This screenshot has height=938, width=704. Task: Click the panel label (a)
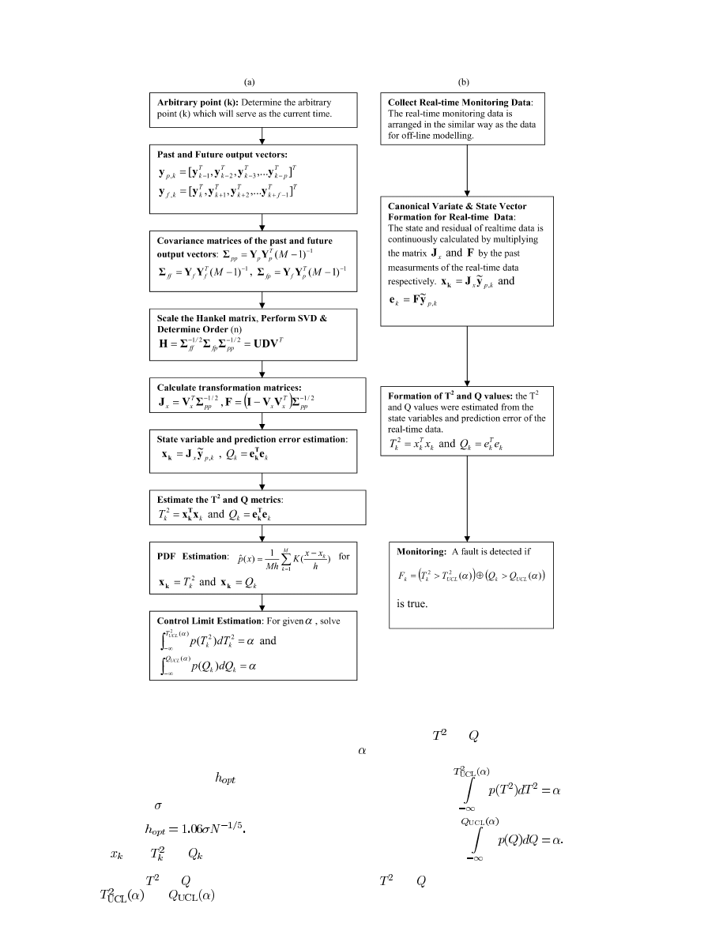click(x=250, y=82)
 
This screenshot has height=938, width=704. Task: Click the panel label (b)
click(x=464, y=82)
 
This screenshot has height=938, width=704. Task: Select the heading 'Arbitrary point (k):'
click(x=195, y=103)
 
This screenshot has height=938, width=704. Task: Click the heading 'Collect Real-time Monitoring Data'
click(x=460, y=103)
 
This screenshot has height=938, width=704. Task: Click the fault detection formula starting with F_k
click(x=471, y=576)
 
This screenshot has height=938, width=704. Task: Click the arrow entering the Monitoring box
click(x=467, y=497)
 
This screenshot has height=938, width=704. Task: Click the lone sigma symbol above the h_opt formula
click(x=157, y=806)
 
